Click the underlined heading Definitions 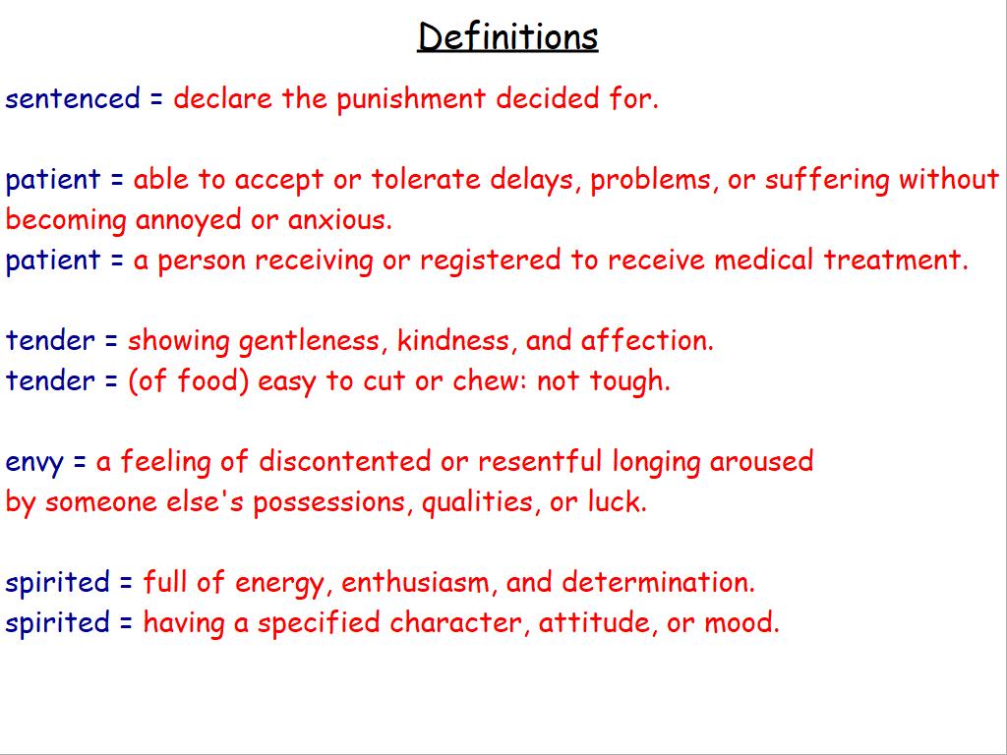click(x=507, y=37)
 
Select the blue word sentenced click(x=73, y=98)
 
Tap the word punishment click(x=410, y=99)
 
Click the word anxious click(x=339, y=220)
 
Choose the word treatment click(x=895, y=260)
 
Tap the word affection click(x=647, y=340)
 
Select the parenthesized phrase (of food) click(x=188, y=380)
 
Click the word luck click(x=618, y=501)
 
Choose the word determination click(x=658, y=582)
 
